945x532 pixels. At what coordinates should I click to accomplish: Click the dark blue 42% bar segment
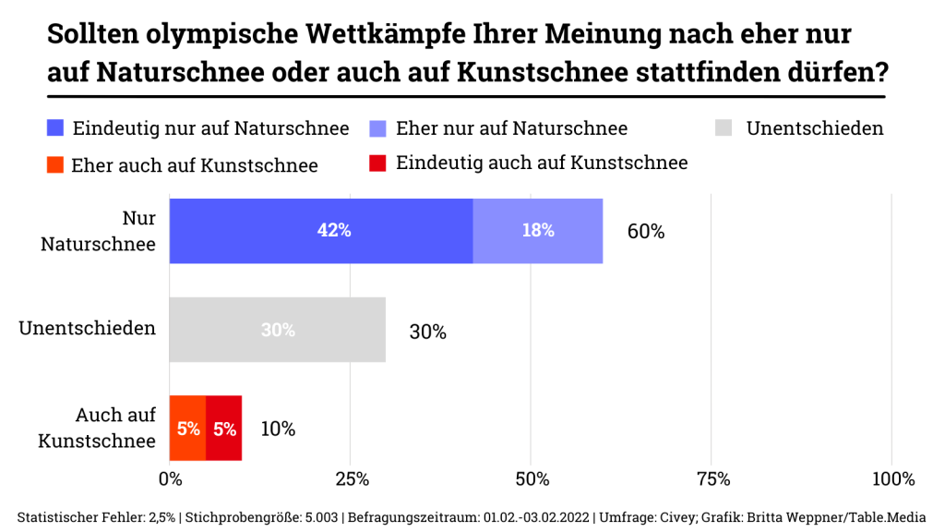click(320, 231)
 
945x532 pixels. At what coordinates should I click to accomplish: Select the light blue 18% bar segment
click(538, 231)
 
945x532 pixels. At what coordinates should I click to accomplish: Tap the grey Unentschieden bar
click(277, 330)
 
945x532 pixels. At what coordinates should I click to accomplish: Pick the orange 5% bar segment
click(187, 429)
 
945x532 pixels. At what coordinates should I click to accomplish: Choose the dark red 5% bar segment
click(224, 429)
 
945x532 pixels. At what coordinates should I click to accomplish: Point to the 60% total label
click(646, 232)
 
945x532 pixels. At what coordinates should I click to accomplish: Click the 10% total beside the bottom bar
click(277, 429)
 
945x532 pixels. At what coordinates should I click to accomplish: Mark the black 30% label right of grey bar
click(427, 332)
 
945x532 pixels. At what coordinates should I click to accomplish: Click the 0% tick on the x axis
click(171, 479)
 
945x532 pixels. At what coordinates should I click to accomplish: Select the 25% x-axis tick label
click(351, 479)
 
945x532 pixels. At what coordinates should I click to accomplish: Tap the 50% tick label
click(532, 479)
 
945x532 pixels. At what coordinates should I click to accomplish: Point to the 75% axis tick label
click(712, 479)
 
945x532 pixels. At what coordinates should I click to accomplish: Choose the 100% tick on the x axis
click(891, 479)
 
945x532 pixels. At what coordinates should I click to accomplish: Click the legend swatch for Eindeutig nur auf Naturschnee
click(54, 128)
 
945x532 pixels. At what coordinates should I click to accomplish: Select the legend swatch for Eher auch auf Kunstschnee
click(54, 165)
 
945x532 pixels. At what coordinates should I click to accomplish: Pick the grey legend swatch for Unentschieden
click(725, 128)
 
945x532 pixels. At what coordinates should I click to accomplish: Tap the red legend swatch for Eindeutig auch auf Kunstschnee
click(377, 163)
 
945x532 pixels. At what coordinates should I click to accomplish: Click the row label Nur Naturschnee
click(98, 231)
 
